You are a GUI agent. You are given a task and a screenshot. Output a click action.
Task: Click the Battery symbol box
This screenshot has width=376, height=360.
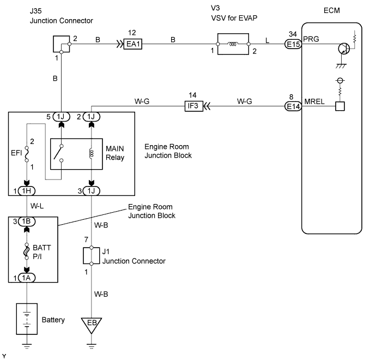pos(26,319)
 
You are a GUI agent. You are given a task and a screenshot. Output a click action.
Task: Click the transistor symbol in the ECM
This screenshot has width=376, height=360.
pos(343,49)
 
